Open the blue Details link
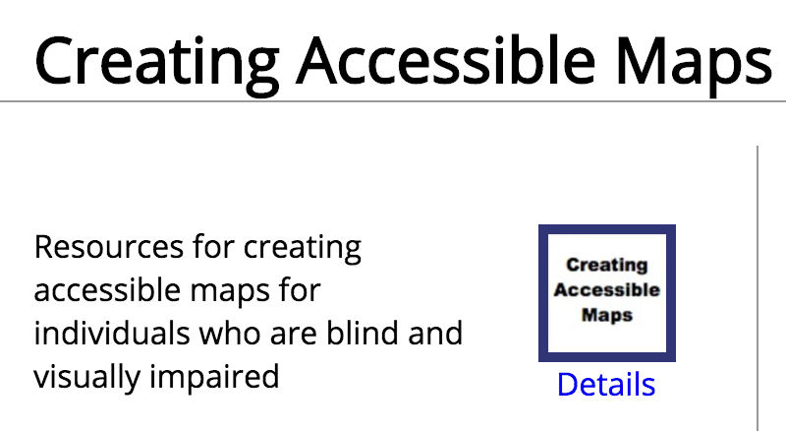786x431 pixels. pos(605,384)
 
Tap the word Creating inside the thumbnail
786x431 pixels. pos(607,265)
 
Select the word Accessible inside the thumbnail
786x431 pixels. pos(607,290)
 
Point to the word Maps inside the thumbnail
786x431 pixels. pos(607,316)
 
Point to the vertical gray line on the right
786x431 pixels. pos(758,285)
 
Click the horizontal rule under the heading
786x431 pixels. pos(393,101)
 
